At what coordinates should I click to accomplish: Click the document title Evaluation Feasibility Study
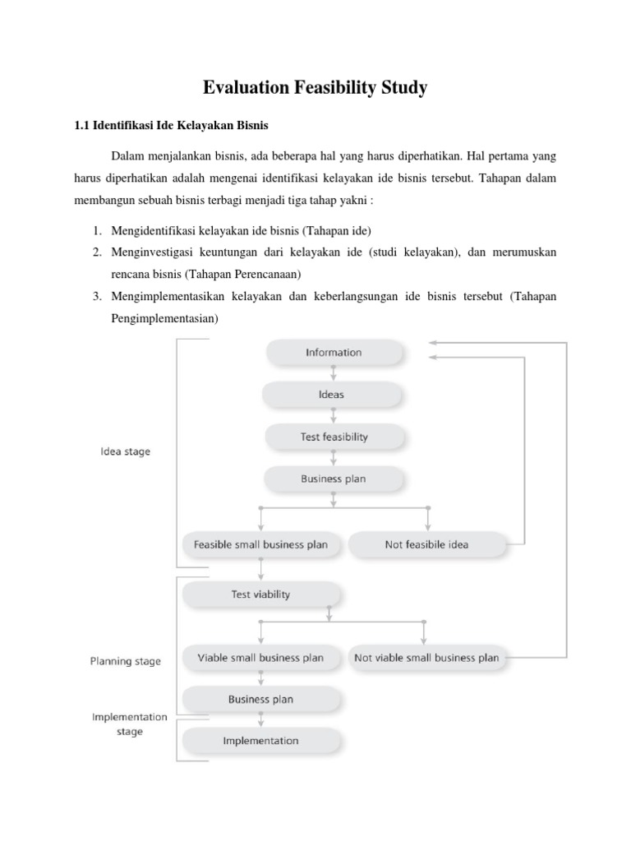(315, 87)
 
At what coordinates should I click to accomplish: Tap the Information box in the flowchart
(334, 353)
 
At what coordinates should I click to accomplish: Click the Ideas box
(331, 395)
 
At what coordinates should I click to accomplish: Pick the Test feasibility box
(334, 437)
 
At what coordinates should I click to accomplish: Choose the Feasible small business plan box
(260, 544)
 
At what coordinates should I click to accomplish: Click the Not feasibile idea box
(426, 544)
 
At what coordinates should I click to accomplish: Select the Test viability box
(260, 594)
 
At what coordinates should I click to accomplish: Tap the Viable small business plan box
(260, 658)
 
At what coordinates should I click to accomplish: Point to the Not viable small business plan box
(426, 658)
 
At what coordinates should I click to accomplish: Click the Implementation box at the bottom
(260, 741)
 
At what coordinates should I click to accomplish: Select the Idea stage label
(125, 451)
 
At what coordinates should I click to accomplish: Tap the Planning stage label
(125, 661)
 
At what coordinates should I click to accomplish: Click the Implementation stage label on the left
(129, 724)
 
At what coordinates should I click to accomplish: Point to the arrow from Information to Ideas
(334, 373)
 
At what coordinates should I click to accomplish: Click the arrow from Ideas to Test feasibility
(334, 416)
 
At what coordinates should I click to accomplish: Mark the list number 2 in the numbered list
(96, 252)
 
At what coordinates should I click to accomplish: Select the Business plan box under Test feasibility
(334, 478)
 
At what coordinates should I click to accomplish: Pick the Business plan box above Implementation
(260, 700)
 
